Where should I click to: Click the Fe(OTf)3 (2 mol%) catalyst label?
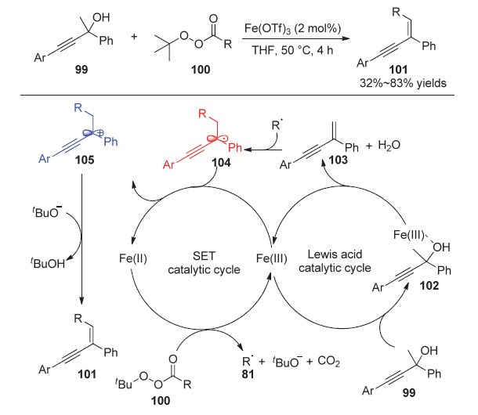(292, 29)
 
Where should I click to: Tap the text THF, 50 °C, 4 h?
(292, 50)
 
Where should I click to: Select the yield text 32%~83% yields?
(403, 83)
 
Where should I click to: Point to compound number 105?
(85, 160)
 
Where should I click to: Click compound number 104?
(221, 163)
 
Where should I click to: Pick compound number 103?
(339, 160)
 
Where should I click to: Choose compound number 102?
(429, 286)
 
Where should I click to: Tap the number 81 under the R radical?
(248, 374)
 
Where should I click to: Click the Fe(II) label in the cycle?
(133, 258)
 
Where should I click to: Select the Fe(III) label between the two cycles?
(272, 258)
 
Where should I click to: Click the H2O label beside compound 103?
(389, 145)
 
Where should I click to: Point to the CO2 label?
(328, 362)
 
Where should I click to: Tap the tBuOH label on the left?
(48, 263)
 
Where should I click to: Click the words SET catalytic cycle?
(204, 262)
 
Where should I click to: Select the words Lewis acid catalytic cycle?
(335, 261)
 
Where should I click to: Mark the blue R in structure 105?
(78, 107)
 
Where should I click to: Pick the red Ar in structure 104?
(168, 165)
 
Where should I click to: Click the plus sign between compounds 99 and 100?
(134, 37)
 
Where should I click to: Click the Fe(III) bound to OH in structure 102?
(408, 235)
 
